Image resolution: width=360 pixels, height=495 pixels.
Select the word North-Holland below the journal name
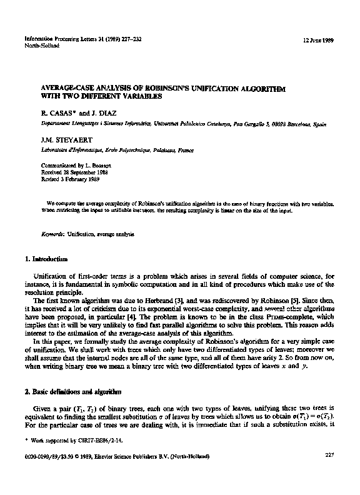(40, 46)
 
